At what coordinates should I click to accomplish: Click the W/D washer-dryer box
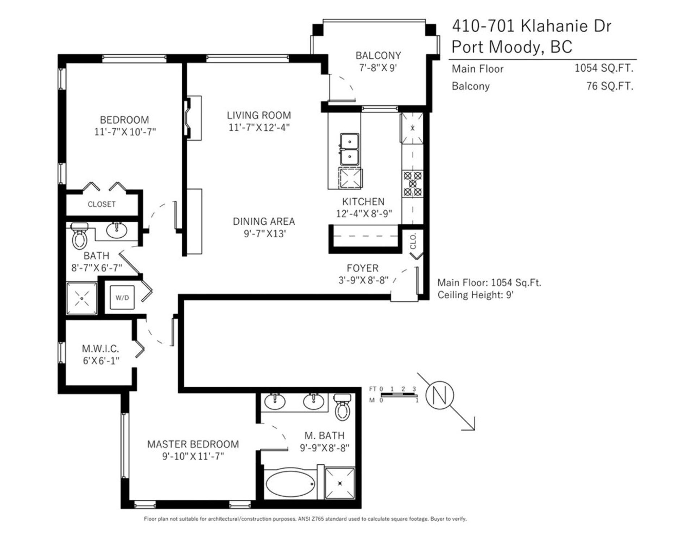(122, 297)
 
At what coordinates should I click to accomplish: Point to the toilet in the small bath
(80, 236)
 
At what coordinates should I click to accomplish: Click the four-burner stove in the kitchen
(413, 184)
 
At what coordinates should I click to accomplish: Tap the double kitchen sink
(349, 149)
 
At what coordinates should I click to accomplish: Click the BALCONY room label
(378, 56)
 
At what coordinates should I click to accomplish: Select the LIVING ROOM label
(259, 115)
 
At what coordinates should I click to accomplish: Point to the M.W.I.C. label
(100, 349)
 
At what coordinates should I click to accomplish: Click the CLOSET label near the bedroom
(102, 204)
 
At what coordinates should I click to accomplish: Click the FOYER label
(362, 268)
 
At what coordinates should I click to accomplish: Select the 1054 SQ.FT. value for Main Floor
(604, 68)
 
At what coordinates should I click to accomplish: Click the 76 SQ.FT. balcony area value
(610, 86)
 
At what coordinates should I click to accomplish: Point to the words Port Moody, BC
(512, 47)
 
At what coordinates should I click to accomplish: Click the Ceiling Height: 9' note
(476, 295)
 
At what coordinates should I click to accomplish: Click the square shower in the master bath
(340, 483)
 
